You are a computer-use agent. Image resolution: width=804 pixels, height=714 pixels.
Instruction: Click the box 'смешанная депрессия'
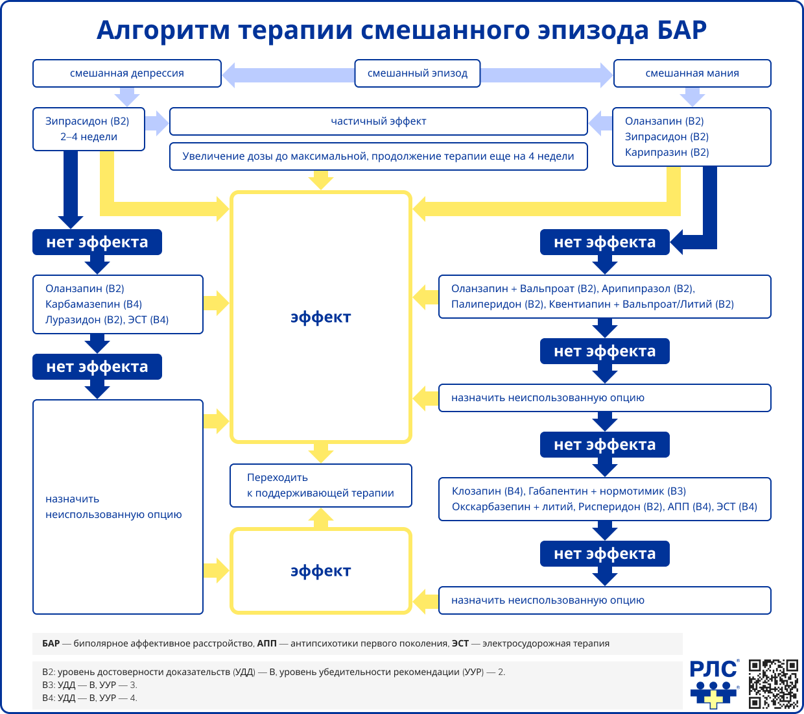pos(127,73)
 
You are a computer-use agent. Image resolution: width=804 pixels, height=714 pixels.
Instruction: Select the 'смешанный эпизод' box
pos(418,73)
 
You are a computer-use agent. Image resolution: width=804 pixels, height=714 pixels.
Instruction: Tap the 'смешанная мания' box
pos(692,73)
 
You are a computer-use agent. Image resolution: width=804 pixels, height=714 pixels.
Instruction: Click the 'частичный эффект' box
pos(379,121)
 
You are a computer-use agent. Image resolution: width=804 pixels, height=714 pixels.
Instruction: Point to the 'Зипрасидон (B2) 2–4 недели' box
pos(89,129)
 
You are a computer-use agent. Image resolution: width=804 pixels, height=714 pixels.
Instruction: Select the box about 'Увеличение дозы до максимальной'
pos(379,156)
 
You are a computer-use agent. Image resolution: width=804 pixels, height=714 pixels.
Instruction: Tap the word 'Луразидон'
pos(73,320)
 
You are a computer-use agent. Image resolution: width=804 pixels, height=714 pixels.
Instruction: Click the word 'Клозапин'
pos(477,491)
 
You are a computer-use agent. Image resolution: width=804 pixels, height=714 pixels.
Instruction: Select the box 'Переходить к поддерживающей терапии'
pos(321,486)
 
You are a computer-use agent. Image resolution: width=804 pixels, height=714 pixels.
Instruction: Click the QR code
pos(774,683)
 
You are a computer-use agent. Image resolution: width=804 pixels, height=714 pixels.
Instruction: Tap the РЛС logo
pos(714,684)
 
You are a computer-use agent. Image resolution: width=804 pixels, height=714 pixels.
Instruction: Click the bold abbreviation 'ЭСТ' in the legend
pos(460,644)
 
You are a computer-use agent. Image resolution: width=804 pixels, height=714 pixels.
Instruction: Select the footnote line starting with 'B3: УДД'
pos(90,685)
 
